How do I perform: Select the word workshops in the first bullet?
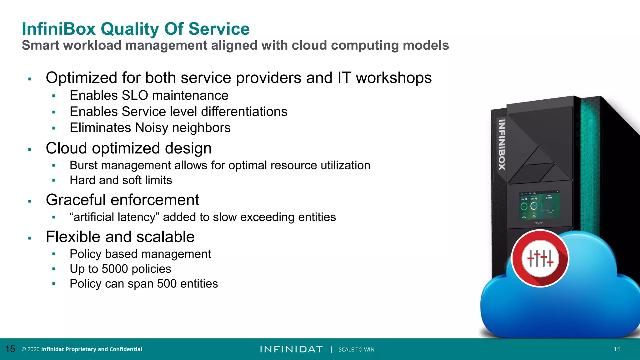[394, 78]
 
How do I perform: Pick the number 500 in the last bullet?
[167, 284]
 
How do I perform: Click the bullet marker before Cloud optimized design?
[30, 149]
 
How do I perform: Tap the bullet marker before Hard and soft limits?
[54, 180]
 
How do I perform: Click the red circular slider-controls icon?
[540, 258]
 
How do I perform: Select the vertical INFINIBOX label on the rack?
[502, 145]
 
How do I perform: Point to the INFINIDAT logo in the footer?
[291, 349]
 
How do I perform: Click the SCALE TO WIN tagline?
[356, 350]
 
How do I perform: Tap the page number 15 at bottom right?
[617, 349]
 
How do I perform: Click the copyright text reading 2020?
[33, 349]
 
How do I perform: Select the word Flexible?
[73, 237]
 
